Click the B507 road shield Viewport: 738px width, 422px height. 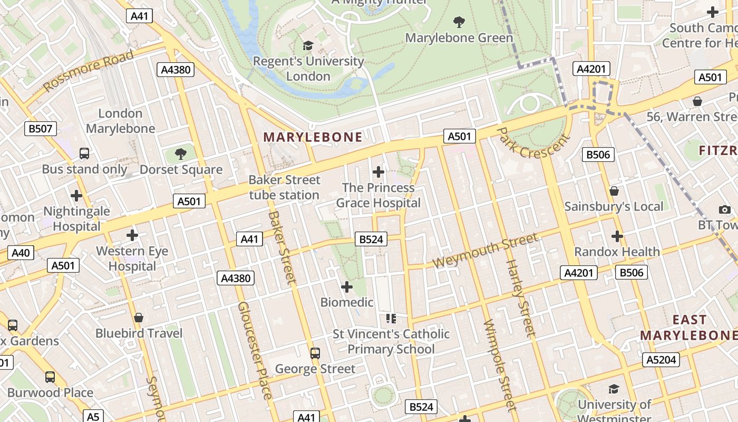41,128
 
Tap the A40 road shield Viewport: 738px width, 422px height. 21,253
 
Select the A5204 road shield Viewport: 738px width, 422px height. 661,360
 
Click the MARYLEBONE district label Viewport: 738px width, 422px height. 313,138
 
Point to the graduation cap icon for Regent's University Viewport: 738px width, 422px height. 308,46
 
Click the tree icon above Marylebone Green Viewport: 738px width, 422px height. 459,22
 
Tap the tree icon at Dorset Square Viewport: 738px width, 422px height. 181,154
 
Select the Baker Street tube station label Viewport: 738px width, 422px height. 285,187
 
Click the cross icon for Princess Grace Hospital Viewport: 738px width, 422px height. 378,172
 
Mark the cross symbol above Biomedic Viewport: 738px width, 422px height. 347,287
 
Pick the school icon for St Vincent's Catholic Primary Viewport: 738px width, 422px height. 391,318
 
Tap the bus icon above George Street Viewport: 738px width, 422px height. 315,353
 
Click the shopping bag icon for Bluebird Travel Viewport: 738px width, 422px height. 139,318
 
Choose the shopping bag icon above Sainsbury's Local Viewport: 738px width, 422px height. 614,191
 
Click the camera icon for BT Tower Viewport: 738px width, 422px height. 725,209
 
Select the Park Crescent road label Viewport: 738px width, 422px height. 533,143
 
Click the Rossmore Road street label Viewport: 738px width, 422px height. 89,72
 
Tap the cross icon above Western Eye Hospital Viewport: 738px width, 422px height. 132,235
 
